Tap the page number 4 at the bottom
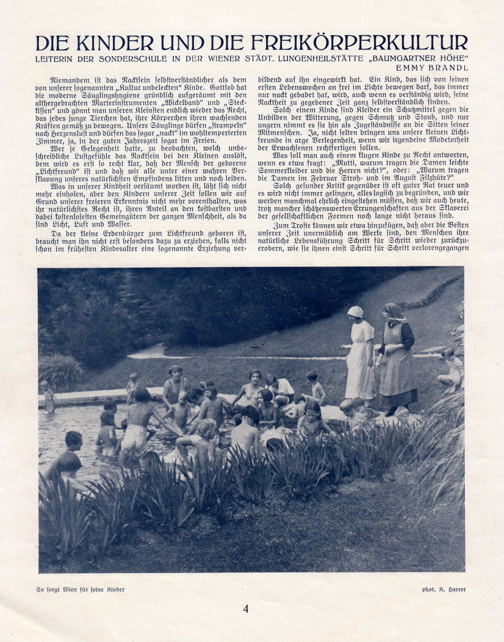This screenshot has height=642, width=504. (246, 608)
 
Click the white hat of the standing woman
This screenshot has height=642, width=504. (355, 311)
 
